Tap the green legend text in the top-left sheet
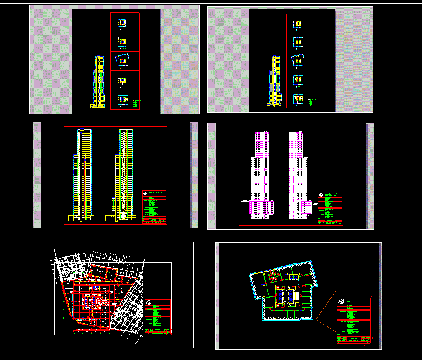[138, 102]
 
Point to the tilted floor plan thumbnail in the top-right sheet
[298, 61]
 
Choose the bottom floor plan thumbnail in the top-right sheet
[298, 99]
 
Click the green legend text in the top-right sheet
[310, 101]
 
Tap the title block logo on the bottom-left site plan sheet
[149, 303]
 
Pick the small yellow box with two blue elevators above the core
[293, 276]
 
